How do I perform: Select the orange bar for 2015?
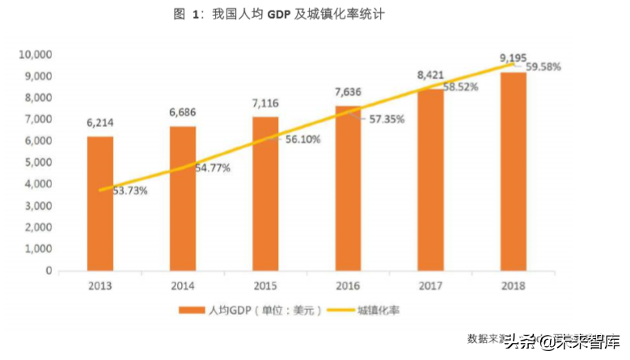pyautogui.click(x=265, y=193)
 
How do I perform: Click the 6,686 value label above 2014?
pyautogui.click(x=183, y=112)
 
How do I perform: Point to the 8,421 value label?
pyautogui.click(x=430, y=75)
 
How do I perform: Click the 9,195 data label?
pyautogui.click(x=513, y=57)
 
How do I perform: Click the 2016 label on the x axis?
pyautogui.click(x=348, y=286)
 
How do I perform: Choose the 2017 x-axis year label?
pyautogui.click(x=430, y=286)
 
